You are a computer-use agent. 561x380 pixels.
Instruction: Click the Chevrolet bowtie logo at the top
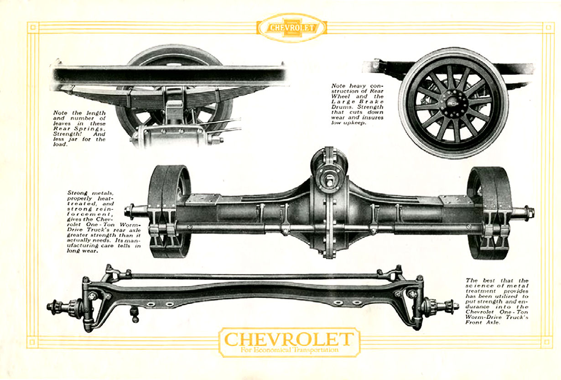pyautogui.click(x=291, y=28)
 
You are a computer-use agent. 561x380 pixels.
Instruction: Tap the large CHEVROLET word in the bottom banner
pyautogui.click(x=289, y=339)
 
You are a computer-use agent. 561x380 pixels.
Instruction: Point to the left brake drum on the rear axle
pyautogui.click(x=169, y=211)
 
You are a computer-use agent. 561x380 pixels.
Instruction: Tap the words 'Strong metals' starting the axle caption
pyautogui.click(x=85, y=193)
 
